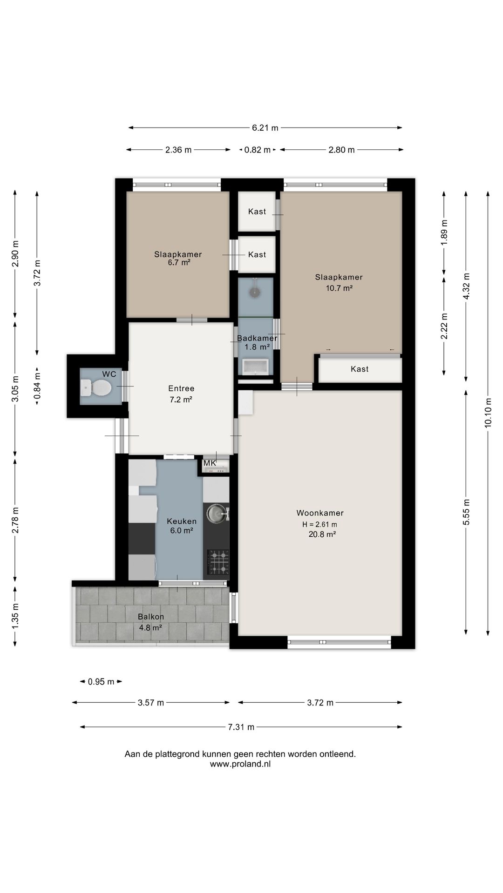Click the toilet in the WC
96,387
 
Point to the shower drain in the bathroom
254,292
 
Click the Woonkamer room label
320,513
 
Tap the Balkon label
151,617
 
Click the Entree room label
181,388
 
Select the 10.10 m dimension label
488,413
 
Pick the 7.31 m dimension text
241,727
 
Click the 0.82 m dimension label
258,150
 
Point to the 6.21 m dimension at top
265,128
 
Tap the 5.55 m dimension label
466,512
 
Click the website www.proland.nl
240,764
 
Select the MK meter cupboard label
210,463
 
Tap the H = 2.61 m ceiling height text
319,524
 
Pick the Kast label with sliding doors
360,369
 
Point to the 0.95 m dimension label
101,682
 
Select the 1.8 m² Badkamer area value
257,347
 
